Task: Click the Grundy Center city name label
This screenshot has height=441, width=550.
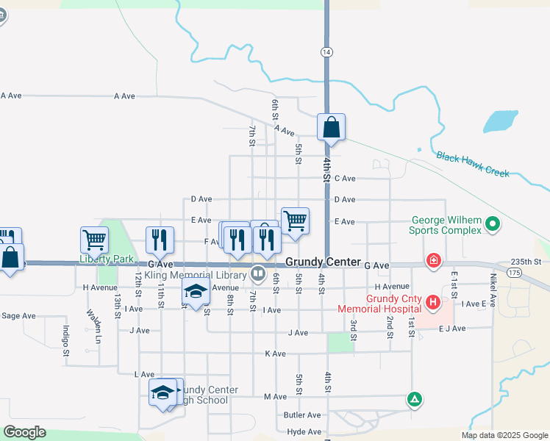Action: (x=323, y=262)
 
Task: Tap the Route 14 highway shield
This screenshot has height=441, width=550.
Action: (x=326, y=52)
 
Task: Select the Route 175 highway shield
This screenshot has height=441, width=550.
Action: (x=514, y=272)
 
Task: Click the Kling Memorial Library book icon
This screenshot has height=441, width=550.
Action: (x=258, y=274)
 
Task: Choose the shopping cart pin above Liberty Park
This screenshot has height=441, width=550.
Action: (x=95, y=239)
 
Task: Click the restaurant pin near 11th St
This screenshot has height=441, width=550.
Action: (x=160, y=239)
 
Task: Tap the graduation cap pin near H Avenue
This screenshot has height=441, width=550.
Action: (x=196, y=292)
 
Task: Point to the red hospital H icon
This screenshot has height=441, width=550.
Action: (x=433, y=302)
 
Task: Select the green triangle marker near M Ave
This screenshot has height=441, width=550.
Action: (x=415, y=400)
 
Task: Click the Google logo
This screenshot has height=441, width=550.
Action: (x=24, y=432)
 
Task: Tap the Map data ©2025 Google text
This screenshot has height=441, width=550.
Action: (x=504, y=435)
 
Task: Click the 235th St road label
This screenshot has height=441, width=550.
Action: (x=526, y=262)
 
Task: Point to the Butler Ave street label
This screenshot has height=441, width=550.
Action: (x=301, y=415)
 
